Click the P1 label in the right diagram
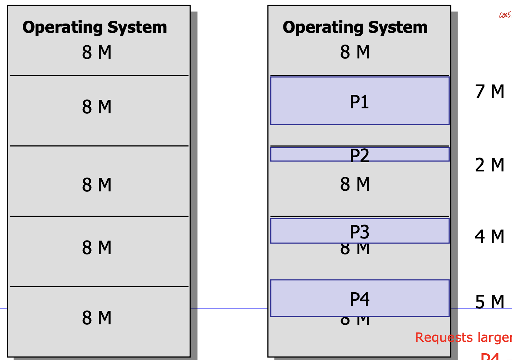coord(359,102)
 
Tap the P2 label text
coord(359,156)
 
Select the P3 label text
coord(359,232)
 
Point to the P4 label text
coord(359,299)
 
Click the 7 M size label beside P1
coord(490,92)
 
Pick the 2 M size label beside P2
coord(490,165)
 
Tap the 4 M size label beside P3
coord(490,237)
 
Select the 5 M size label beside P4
coord(490,302)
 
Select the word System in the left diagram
coord(137,27)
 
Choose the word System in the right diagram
coord(398,27)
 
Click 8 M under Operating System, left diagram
coord(97,52)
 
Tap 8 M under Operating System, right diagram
coord(355,52)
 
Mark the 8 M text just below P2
coord(355,184)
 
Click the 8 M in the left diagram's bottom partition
coord(97,318)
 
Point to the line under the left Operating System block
coord(99,76)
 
